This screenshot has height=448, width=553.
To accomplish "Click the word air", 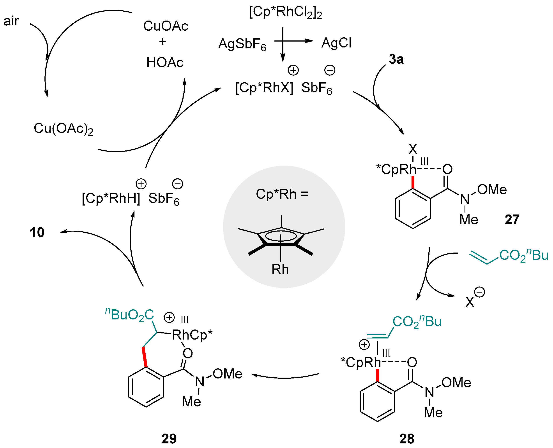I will tap(11, 21).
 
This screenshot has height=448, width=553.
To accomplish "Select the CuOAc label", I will tap(166, 26).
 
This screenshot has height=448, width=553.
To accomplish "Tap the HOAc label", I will tap(165, 63).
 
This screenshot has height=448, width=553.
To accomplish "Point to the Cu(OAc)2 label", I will tap(63, 129).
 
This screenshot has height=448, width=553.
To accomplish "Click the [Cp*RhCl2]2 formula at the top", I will tap(285, 12).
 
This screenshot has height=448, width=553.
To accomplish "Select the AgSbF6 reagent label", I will tap(242, 44).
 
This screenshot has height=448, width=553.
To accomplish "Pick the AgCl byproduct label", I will tap(336, 43).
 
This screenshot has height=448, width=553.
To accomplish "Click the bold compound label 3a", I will tap(396, 59).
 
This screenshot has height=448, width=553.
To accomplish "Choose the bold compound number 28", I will tap(407, 439).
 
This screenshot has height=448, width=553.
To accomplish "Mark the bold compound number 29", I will tap(169, 439).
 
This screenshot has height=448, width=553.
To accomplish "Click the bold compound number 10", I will tap(37, 232).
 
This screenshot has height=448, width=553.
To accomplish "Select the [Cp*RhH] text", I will tap(111, 199).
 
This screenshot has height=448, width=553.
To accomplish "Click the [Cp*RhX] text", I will tap(264, 88).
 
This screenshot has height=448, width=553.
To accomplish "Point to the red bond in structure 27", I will tap(413, 182).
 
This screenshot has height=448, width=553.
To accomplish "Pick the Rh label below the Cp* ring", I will tap(280, 269).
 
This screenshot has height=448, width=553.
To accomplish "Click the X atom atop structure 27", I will tap(413, 149).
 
